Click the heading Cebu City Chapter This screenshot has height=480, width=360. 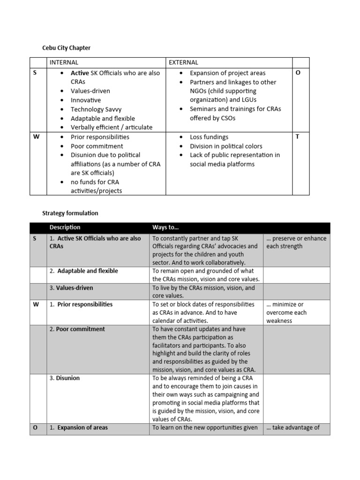click(66, 48)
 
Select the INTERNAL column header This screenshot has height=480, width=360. click(64, 62)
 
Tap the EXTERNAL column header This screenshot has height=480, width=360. click(183, 62)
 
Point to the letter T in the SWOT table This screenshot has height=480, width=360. click(298, 137)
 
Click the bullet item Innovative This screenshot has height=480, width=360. click(85, 100)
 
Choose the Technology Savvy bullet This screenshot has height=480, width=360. click(96, 109)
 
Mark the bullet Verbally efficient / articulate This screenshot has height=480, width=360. click(111, 127)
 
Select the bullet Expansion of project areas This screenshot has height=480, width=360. click(227, 73)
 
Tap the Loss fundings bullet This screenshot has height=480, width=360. click(209, 137)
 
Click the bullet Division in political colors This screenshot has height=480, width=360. click(226, 146)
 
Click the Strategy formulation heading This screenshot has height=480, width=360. click(70, 213)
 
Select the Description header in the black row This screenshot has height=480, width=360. click(65, 228)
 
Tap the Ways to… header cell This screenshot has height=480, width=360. click(165, 228)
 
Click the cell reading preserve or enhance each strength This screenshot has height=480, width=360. click(296, 242)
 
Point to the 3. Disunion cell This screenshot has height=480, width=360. click(65, 378)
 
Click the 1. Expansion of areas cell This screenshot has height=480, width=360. click(79, 427)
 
